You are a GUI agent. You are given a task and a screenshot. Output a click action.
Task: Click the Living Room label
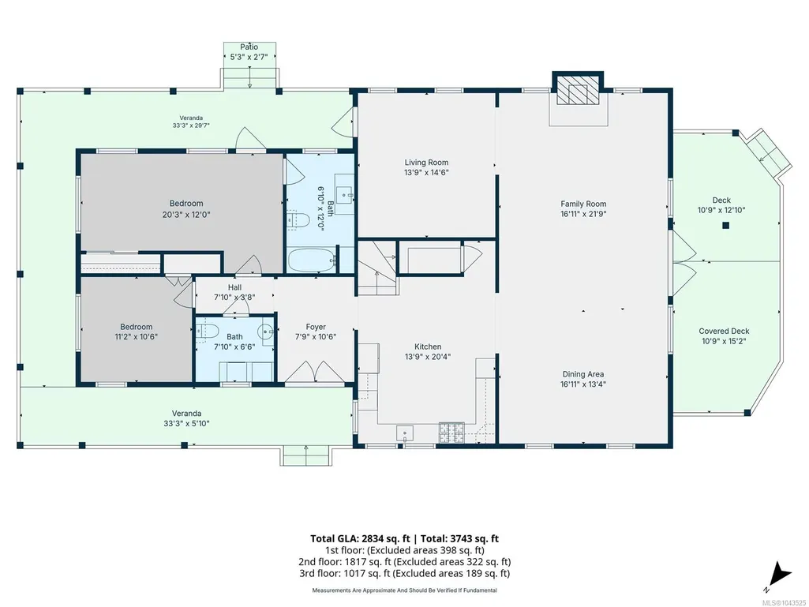pos(426,163)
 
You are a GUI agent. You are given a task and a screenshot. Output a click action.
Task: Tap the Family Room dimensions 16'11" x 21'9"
pos(583,214)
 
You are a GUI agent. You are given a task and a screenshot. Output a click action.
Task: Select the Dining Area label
pos(583,374)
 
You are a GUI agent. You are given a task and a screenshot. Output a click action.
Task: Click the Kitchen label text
pos(428,347)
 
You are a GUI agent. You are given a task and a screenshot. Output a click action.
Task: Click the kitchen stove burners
pos(451,432)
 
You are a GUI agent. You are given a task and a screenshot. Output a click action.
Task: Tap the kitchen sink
pos(404,433)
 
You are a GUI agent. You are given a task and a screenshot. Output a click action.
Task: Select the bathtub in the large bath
pos(312,260)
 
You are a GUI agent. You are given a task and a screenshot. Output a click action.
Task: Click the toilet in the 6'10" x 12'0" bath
pos(298,220)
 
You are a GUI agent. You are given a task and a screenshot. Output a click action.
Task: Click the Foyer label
pos(316,327)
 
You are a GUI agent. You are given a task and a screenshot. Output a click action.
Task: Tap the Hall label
pos(234,287)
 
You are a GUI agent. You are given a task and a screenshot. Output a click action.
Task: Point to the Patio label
pos(249,47)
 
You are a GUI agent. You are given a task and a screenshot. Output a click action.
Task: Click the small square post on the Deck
pos(725,225)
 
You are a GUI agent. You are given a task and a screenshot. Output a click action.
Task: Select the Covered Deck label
pos(724,332)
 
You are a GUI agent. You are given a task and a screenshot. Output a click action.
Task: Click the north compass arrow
pos(780,575)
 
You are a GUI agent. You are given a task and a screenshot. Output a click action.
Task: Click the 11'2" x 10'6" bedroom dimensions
pos(137,336)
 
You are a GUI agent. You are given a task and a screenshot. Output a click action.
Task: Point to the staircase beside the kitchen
pos(377,268)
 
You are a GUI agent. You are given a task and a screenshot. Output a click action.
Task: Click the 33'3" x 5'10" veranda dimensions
pos(186,423)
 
